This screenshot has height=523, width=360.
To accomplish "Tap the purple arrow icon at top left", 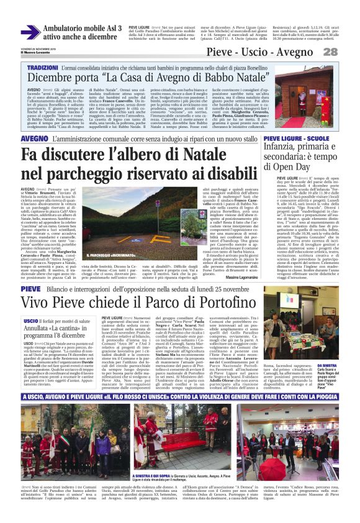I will tap(30, 32).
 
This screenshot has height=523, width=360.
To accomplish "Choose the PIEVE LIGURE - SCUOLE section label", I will tap(296, 138).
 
